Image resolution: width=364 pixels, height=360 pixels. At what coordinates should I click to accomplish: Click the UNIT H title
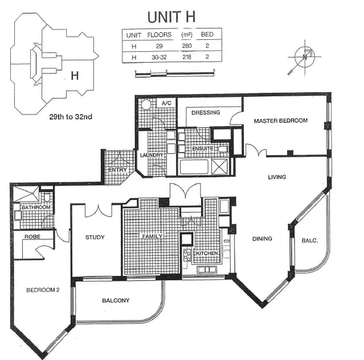tap(171, 16)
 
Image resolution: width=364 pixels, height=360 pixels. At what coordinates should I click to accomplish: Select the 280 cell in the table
tap(187, 46)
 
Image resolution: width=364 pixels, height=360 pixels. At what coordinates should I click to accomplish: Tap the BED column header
tap(207, 35)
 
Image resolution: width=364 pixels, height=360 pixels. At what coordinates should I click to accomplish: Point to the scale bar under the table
tap(174, 72)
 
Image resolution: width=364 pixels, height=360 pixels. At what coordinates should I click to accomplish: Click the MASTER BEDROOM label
tap(280, 121)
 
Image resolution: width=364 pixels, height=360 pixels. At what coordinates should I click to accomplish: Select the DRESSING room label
tap(206, 113)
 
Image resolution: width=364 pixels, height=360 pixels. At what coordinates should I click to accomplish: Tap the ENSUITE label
tap(202, 148)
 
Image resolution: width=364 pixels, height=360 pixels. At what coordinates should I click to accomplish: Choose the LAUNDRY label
tap(152, 155)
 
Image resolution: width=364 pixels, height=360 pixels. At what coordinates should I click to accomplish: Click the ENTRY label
tap(117, 170)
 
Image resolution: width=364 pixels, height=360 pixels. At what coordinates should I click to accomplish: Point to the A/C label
tap(167, 103)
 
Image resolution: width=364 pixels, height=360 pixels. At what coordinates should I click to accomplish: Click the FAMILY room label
tap(152, 236)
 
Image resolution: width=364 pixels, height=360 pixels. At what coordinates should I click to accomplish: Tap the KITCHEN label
tap(206, 252)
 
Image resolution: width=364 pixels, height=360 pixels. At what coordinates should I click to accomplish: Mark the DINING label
tap(262, 239)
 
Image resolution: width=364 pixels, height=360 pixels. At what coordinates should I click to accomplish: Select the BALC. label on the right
tap(309, 240)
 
